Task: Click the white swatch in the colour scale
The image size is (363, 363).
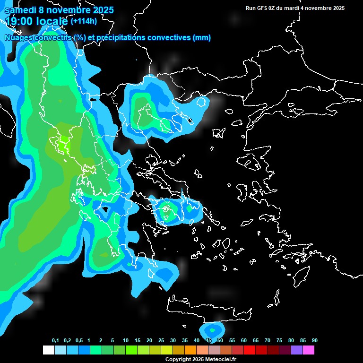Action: pos(48,350)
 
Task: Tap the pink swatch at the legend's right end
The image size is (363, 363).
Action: pos(309,350)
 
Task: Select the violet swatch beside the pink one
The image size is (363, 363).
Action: pos(297,350)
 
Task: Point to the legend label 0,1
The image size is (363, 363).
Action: pos(55,341)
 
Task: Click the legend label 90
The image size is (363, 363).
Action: pos(314,341)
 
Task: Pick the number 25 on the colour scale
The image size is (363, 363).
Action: pos(161,341)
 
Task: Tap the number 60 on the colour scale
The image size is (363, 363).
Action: pos(244,341)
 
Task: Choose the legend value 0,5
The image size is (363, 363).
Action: pos(79,341)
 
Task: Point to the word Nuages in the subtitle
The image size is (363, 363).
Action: pos(18,38)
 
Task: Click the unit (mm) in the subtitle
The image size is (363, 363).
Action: pos(202,38)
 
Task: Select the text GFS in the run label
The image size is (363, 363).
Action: pos(262,8)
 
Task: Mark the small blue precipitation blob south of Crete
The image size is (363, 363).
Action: pos(212,329)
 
